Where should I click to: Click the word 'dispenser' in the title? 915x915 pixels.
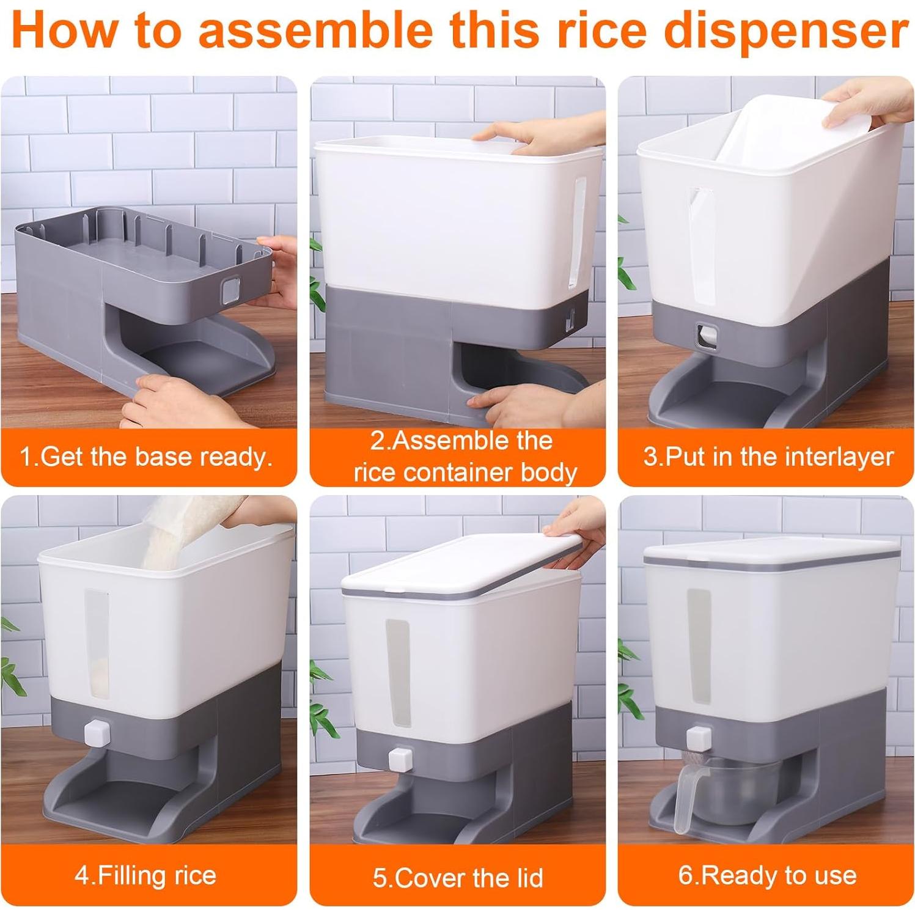786,32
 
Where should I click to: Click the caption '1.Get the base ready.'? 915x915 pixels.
147,457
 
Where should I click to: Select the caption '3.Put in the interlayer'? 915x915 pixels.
768,457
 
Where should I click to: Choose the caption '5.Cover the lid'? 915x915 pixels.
458,878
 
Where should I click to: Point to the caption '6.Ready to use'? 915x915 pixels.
767,875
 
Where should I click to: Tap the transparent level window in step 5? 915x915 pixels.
398,672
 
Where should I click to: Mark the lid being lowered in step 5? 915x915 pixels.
458,565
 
